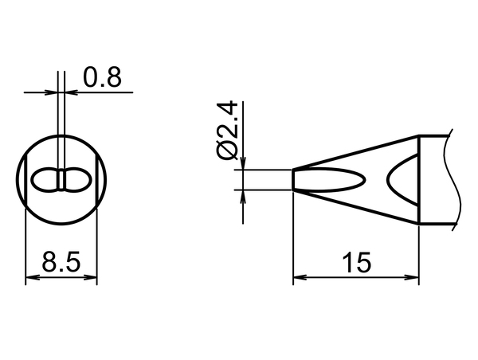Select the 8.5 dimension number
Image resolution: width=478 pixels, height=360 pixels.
tap(61, 261)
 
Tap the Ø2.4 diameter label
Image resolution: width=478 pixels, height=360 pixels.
tap(227, 130)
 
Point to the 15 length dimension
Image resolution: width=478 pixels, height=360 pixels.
tap(356, 262)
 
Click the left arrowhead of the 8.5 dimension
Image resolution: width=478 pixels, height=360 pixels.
tap(33, 277)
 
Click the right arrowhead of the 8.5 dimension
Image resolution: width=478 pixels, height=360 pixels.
tap(90, 277)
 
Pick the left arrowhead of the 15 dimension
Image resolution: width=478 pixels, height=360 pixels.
tap(300, 277)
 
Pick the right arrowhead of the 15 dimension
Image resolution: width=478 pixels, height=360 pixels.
tap(412, 277)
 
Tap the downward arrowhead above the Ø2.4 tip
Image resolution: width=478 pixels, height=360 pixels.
tap(243, 162)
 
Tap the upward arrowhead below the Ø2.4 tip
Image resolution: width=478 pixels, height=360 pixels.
tap(243, 197)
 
